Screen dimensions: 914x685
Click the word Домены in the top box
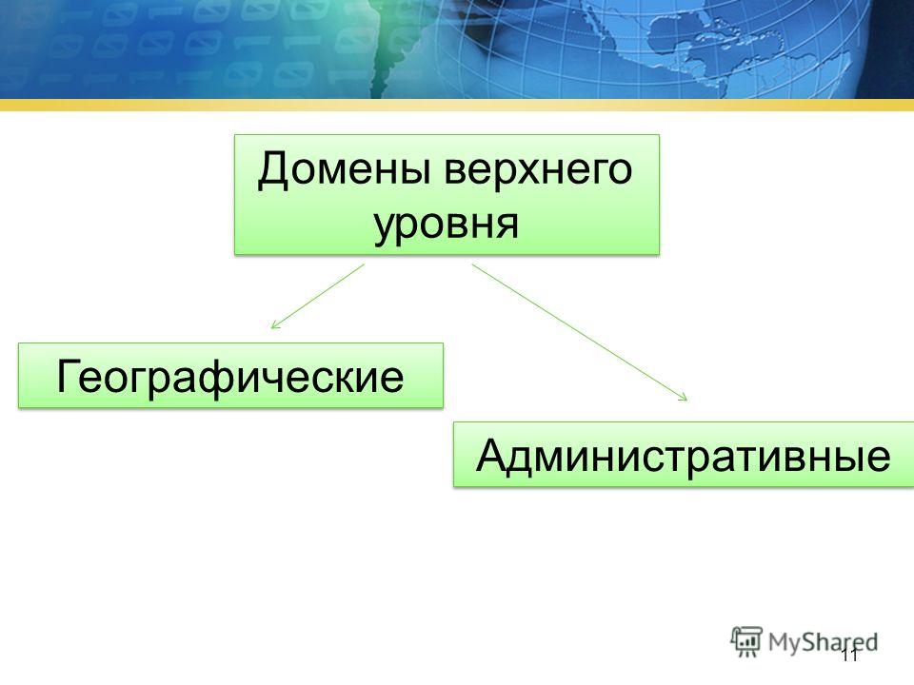click(x=346, y=170)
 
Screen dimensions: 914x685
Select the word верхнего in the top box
click(x=538, y=170)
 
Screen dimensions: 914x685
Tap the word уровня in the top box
click(x=446, y=225)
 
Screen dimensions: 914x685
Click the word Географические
click(x=229, y=377)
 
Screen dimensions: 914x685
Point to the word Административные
click(x=684, y=456)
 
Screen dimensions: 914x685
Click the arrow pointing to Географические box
click(x=318, y=297)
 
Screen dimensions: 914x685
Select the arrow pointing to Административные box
click(x=580, y=333)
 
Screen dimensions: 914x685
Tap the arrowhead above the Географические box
click(x=274, y=325)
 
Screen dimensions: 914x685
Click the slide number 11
click(x=849, y=656)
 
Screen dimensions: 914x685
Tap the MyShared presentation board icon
click(x=746, y=642)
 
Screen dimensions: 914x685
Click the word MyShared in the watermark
click(x=823, y=642)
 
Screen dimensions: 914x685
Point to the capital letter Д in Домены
click(x=274, y=170)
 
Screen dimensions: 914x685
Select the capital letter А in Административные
click(x=492, y=454)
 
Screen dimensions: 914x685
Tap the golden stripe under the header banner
click(x=457, y=105)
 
